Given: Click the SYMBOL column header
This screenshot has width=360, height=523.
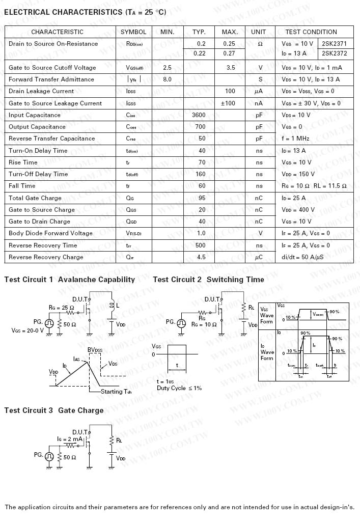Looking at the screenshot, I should [x=133, y=32].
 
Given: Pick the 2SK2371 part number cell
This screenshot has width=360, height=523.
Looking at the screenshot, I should [x=335, y=44].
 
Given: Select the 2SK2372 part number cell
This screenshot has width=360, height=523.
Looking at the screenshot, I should [x=335, y=53].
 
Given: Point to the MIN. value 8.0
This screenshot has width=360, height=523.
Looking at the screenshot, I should [x=167, y=79].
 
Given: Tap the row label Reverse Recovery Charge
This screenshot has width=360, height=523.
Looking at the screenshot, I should [x=46, y=257].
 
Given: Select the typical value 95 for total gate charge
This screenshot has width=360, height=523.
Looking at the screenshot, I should [x=202, y=198].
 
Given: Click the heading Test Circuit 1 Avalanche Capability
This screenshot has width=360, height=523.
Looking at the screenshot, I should [x=70, y=280].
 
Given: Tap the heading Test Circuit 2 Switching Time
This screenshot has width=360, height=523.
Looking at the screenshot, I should [x=208, y=280].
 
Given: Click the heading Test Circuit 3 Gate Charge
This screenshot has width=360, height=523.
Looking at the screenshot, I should [x=54, y=410].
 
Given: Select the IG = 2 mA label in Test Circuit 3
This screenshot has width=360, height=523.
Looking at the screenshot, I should [x=69, y=438].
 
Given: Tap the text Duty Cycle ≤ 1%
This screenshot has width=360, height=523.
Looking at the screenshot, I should [x=179, y=388].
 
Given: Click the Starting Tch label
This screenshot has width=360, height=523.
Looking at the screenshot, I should [x=119, y=392].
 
